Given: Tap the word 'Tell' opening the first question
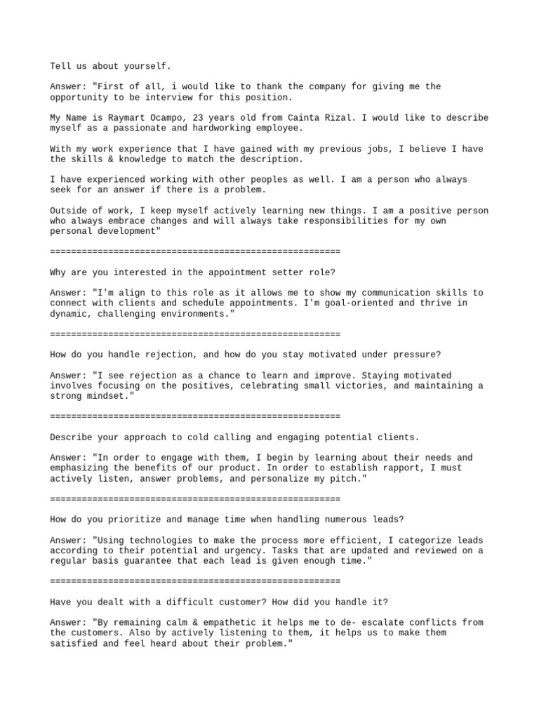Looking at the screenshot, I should (60, 66).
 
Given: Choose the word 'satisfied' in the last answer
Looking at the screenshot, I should (74, 643).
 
